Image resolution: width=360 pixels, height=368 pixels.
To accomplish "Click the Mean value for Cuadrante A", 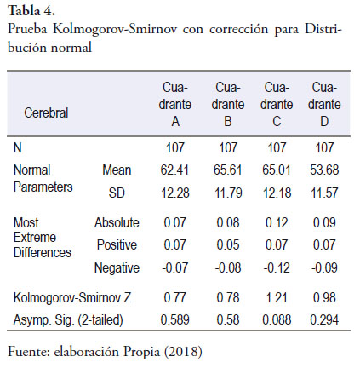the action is [174, 170].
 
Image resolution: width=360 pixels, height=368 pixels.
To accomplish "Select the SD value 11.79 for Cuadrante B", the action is [228, 193].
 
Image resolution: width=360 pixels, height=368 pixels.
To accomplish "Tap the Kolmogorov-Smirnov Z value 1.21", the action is [277, 297].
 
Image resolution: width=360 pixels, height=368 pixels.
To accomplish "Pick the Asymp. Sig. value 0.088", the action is [277, 320].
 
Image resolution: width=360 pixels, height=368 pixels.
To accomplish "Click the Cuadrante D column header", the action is [324, 104].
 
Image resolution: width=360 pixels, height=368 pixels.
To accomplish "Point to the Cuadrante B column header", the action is [228, 104].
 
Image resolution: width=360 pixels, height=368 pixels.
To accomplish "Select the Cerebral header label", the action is [46, 112].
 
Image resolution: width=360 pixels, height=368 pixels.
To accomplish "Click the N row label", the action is [18, 147].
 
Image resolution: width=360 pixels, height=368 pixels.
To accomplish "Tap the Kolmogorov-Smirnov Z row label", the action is [72, 297].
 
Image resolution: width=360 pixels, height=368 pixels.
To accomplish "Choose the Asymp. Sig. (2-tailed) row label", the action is [68, 320].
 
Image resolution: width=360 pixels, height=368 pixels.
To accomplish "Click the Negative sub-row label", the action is [117, 267].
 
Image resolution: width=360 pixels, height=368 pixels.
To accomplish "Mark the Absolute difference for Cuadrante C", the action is [277, 222].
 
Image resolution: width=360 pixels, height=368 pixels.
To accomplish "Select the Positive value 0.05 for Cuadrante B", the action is [228, 245].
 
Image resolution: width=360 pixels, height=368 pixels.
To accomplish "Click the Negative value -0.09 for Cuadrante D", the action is [324, 267].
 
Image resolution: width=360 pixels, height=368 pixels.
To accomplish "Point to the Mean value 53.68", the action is [324, 170].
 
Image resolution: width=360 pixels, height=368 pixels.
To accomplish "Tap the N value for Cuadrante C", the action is [277, 147].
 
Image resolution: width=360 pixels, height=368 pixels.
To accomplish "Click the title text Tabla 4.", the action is [31, 11].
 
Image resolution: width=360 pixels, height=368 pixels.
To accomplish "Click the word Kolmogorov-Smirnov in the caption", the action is [115, 29].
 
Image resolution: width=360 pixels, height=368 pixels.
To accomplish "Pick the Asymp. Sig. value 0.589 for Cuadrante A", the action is [174, 320].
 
